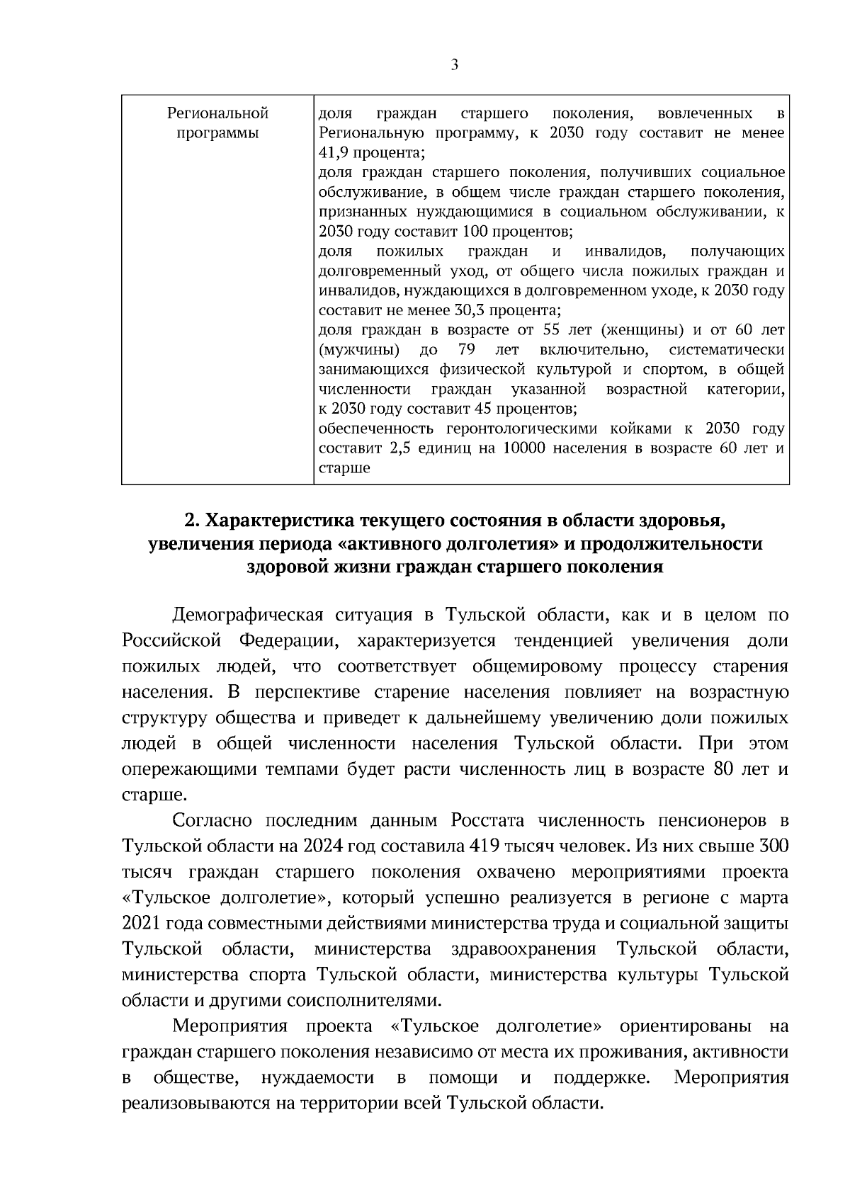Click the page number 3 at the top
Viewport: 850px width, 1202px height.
(x=454, y=65)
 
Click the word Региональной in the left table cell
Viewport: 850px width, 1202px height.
(x=217, y=113)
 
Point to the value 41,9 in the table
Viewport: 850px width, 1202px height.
(x=334, y=153)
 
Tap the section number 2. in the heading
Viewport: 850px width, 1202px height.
(x=191, y=521)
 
